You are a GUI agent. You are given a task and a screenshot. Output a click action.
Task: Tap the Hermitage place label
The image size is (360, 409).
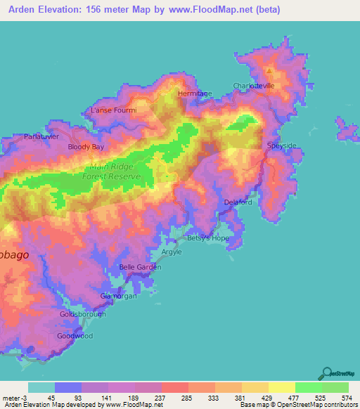point(195,93)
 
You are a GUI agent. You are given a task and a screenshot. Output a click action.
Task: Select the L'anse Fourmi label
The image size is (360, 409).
point(113,110)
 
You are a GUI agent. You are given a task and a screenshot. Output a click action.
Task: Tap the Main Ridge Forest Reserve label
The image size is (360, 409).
point(115,171)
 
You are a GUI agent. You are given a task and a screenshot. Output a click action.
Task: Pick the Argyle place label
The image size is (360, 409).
point(172,252)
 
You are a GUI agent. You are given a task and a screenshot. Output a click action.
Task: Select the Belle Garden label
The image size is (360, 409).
point(141,267)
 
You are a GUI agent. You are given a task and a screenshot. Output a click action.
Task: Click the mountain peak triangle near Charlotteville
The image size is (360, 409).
point(269,71)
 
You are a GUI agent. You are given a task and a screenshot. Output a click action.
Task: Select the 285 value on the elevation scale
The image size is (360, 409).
point(187,398)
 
